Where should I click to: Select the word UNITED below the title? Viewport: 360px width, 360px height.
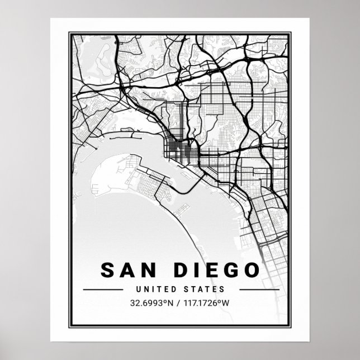[154, 290]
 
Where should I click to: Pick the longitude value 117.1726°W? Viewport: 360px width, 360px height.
[211, 305]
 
